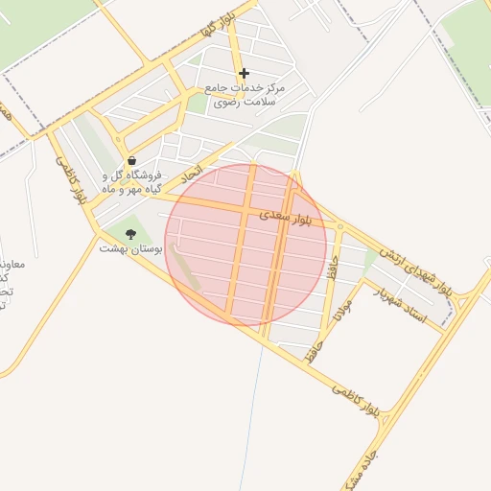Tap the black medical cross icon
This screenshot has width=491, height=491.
[244, 73]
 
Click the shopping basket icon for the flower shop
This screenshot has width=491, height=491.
[131, 160]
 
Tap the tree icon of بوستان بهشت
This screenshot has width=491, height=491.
[131, 233]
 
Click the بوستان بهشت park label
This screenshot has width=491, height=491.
[131, 248]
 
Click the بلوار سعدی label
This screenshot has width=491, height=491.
[286, 220]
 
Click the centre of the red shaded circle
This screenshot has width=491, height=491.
[245, 245]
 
